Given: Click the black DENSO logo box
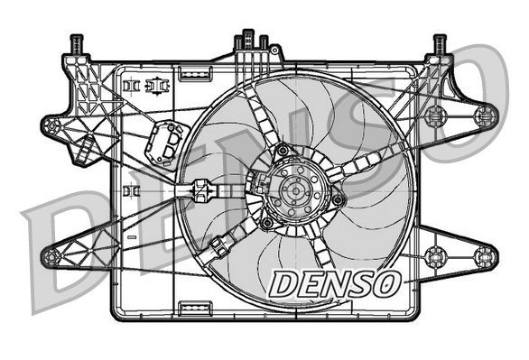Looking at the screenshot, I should coord(335,283).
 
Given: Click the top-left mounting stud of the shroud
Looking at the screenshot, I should coord(76,43).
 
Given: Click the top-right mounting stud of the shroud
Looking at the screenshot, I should coord(440,43).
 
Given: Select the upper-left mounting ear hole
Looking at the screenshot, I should coord(51,125).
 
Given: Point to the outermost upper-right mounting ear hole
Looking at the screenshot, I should coord(486,115).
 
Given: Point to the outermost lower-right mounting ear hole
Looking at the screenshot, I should coord(485,254).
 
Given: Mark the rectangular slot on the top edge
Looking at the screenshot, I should coord(194,69).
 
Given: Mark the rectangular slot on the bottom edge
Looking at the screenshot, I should coord(194,310).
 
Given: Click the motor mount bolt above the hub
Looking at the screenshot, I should coord(283,150).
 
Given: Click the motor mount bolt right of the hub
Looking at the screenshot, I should coord(338,199).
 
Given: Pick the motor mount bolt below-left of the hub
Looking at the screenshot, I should coord(267,221).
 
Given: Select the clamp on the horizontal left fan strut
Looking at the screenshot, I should coord(200,190).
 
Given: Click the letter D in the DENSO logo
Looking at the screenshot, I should coord(283,283).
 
